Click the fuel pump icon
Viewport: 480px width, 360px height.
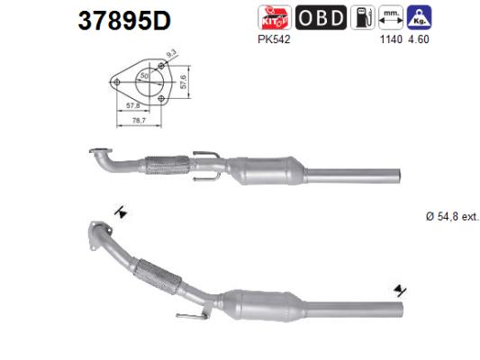coord(364,17)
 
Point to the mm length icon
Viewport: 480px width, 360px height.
coord(390,17)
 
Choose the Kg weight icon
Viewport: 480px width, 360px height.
coord(418,17)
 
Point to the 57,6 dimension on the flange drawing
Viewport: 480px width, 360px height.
coord(182,85)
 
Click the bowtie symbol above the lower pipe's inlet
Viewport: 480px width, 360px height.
coord(120,212)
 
